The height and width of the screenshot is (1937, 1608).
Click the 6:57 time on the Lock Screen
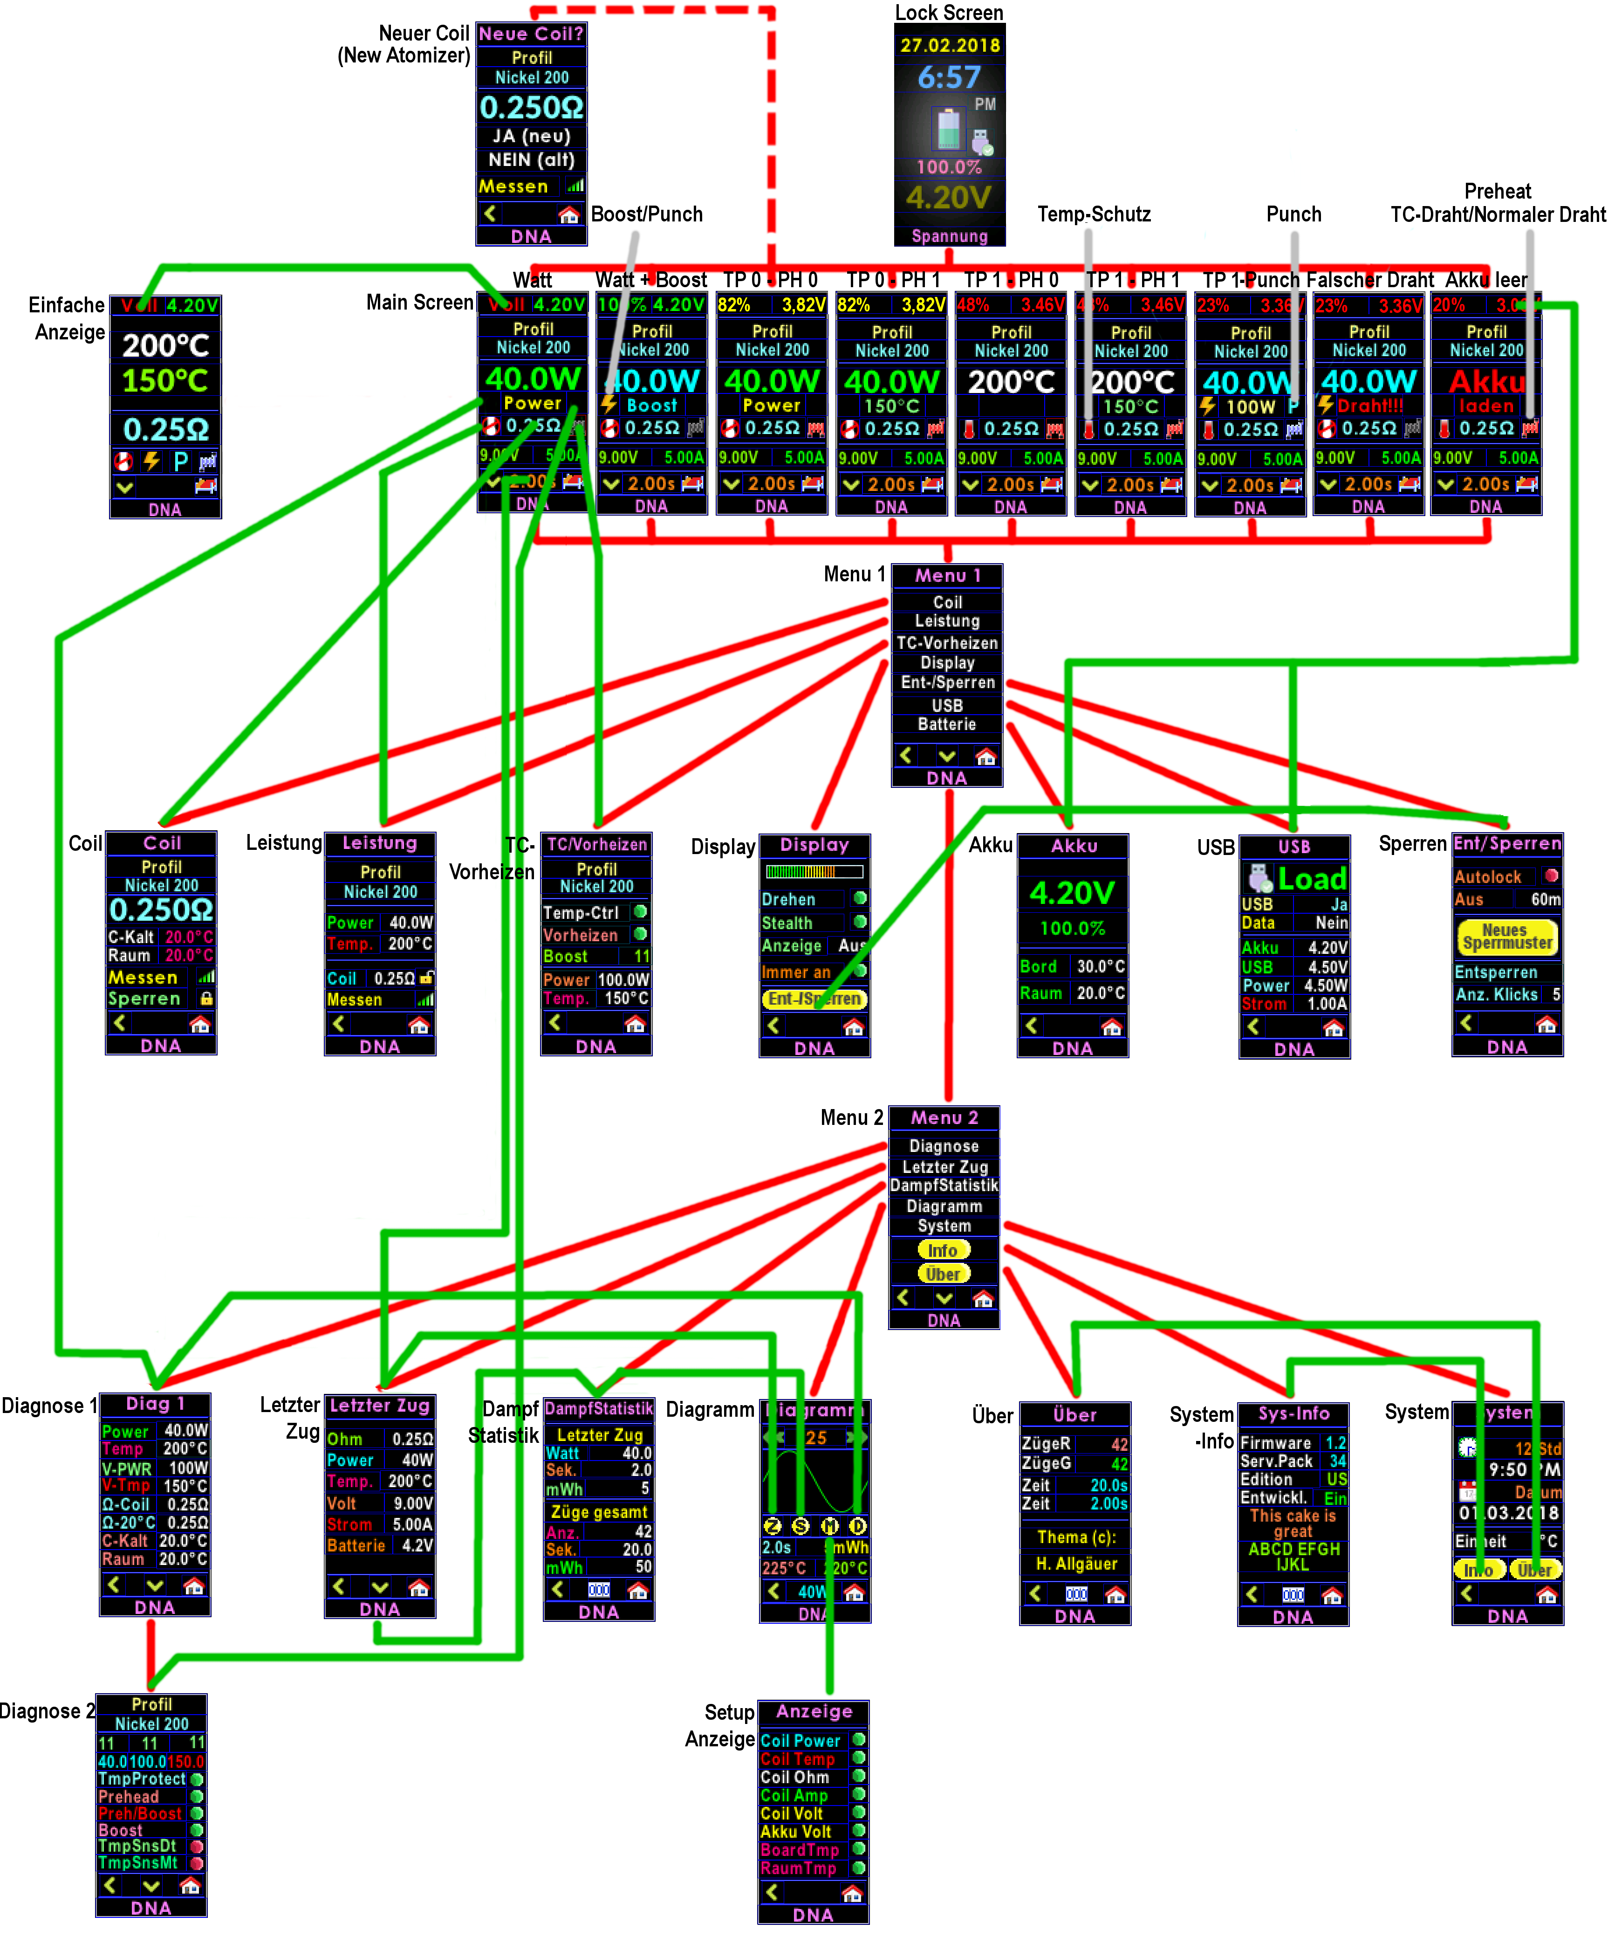(x=949, y=77)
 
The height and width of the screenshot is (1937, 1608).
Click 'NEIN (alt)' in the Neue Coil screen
(x=531, y=159)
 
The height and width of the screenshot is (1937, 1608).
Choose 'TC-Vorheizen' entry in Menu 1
(x=947, y=643)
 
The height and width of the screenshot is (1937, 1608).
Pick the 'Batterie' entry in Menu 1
(x=947, y=724)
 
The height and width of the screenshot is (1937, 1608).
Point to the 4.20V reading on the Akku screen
(x=1072, y=893)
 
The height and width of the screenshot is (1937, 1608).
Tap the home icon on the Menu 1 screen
(x=985, y=756)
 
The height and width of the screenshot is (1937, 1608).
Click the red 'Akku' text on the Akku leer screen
(x=1486, y=381)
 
